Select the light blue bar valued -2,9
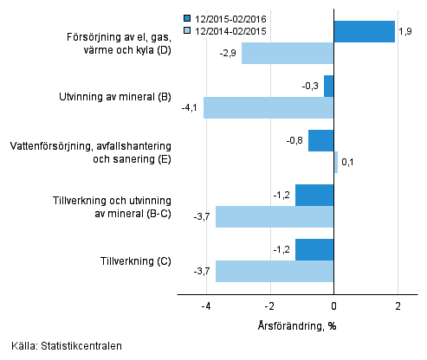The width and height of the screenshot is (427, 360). [x=288, y=54]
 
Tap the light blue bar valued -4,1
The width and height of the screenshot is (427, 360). [x=268, y=108]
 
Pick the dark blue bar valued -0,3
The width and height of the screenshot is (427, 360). [x=329, y=86]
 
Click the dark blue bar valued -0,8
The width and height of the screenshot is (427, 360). [x=320, y=140]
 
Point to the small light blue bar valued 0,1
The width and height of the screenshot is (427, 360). [x=336, y=163]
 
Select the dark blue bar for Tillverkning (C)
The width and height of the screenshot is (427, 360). [x=314, y=249]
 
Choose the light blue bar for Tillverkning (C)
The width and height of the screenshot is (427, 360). [x=275, y=271]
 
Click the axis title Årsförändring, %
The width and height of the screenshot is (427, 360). [x=298, y=326]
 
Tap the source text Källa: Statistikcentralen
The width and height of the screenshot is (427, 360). [x=68, y=346]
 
